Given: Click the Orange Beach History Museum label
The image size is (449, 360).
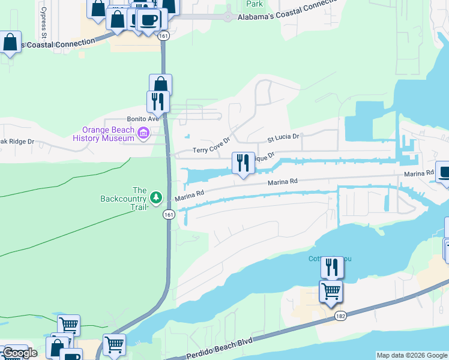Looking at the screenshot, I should (103, 134).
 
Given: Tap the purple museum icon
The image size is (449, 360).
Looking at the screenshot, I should (143, 133).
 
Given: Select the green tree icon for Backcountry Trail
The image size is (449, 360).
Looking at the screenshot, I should (156, 197).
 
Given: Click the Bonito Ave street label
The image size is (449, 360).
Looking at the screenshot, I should (142, 119).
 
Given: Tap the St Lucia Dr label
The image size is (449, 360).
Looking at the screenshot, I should (283, 137).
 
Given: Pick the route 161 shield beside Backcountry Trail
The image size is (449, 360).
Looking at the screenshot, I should (169, 214).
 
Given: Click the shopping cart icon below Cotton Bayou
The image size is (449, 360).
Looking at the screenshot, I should (331, 292).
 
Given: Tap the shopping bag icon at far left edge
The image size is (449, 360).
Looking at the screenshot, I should (10, 43).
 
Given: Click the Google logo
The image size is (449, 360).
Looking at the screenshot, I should (20, 353).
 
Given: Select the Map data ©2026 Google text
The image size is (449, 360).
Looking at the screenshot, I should (412, 355).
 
